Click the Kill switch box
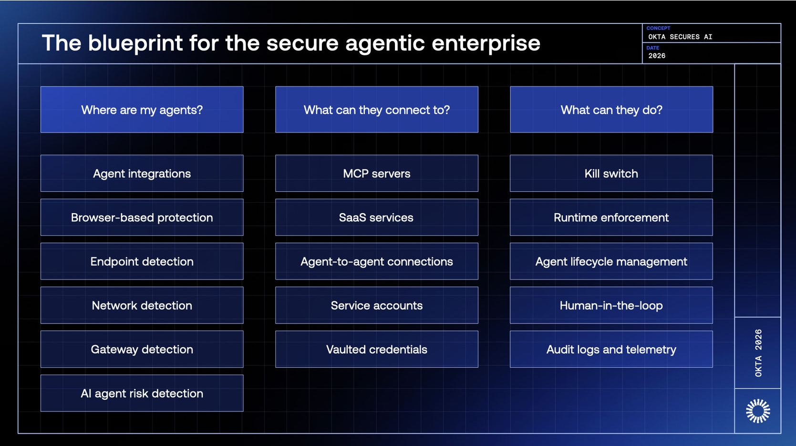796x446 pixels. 611,173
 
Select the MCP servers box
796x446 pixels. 376,173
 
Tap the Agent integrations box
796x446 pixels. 142,173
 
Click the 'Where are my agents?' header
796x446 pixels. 142,110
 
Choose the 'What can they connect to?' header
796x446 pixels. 376,110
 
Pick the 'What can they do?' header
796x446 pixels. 611,110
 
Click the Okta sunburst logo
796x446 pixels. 757,411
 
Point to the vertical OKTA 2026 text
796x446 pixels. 758,353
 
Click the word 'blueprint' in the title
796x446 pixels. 135,43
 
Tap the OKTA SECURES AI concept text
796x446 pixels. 680,37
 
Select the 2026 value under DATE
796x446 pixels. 657,56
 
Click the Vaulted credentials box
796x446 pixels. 376,349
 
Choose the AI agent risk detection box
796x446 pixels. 142,393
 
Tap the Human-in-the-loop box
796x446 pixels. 611,305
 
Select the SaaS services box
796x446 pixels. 376,218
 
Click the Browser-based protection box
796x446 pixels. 142,218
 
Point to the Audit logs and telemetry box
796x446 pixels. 611,349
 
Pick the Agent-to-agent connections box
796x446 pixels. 376,261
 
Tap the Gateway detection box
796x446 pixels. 142,349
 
